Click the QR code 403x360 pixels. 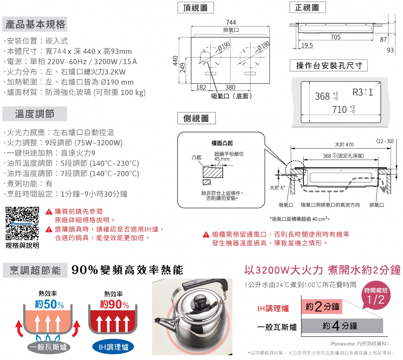tap(22, 223)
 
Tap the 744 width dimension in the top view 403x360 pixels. tap(231, 22)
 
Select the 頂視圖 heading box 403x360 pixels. tap(196, 8)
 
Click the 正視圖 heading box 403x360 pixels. tap(308, 7)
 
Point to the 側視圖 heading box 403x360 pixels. tap(196, 118)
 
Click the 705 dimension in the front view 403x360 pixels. tap(335, 37)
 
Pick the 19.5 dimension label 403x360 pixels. tap(307, 46)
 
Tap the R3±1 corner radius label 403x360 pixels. tap(362, 92)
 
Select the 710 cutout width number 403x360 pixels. tap(339, 110)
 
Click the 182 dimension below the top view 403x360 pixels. tap(201, 87)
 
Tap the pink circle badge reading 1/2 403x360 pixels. tap(376, 296)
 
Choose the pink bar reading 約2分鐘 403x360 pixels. tap(322, 307)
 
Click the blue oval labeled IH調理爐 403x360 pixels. tap(113, 347)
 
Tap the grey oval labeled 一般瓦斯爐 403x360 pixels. tap(48, 347)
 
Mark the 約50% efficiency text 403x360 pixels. tap(49, 304)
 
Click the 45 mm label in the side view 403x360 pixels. tap(222, 159)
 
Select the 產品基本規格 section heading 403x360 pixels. tap(35, 24)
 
